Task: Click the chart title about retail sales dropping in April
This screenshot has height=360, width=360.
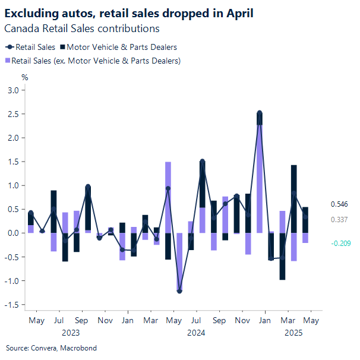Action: [129, 13]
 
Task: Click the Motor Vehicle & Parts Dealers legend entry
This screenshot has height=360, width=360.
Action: [122, 47]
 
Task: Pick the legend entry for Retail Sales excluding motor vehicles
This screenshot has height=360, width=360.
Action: [96, 60]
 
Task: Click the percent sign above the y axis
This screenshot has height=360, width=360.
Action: [25, 77]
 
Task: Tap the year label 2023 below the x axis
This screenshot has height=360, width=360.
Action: [71, 333]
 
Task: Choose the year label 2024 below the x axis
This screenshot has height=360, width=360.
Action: [196, 333]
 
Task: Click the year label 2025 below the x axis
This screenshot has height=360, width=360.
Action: [293, 333]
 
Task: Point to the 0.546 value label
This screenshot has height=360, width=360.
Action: [339, 204]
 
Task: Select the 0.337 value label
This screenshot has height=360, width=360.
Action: [339, 220]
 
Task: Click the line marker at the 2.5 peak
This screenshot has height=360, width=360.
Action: [260, 113]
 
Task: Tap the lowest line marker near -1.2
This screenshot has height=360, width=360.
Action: [179, 290]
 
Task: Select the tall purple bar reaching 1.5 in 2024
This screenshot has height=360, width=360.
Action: [168, 197]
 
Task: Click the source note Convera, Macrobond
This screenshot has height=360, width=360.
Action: [51, 348]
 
